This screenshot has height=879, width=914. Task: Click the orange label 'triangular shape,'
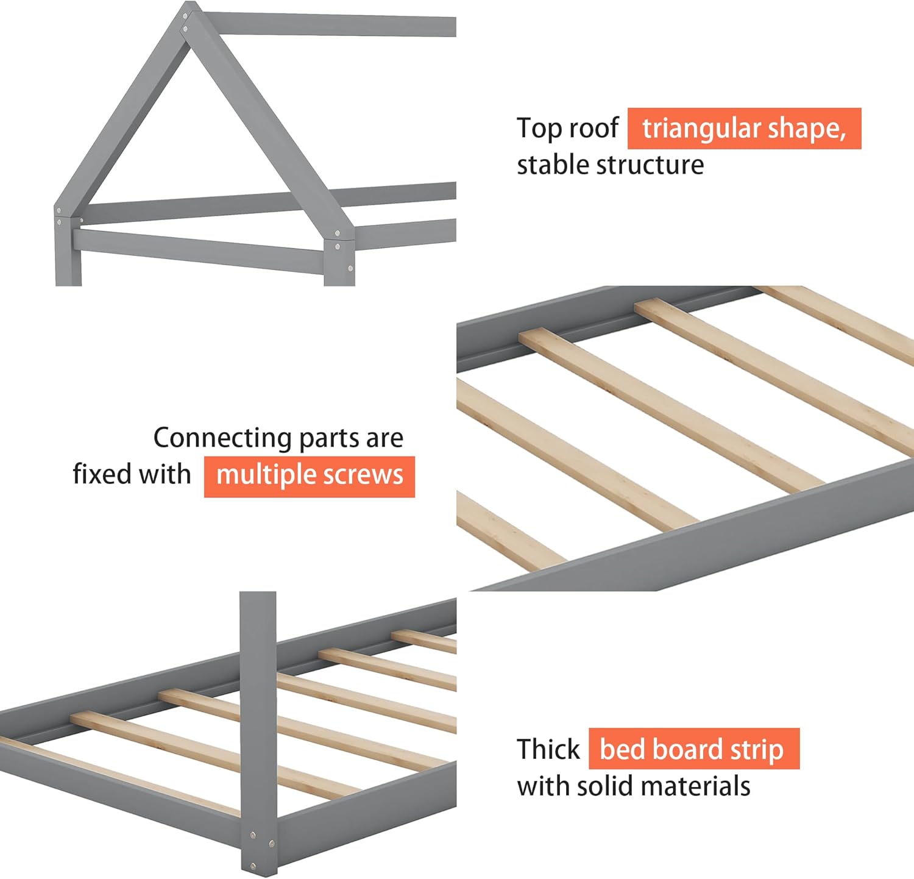click(x=744, y=129)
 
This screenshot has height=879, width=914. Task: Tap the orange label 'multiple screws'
click(x=310, y=475)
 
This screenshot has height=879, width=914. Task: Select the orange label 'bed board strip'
click(x=693, y=749)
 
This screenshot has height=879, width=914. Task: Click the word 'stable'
click(x=552, y=165)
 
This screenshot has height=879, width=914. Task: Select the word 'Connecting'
click(x=222, y=438)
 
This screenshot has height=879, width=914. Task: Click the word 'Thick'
click(x=548, y=749)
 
